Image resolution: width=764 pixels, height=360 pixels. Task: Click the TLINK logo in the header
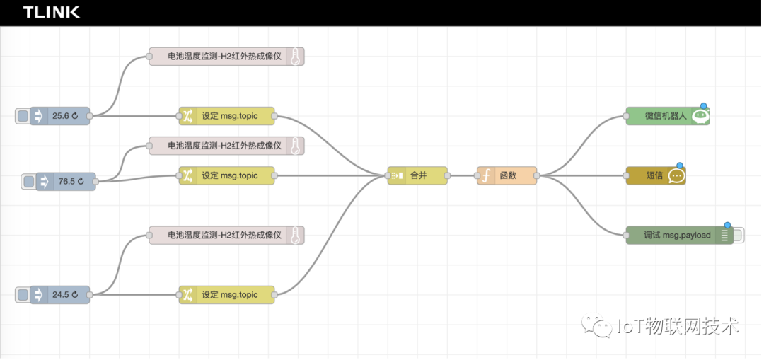[x=51, y=12]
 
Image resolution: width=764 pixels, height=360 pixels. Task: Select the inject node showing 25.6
[x=60, y=116]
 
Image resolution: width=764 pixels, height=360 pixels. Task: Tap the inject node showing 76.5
[x=66, y=182]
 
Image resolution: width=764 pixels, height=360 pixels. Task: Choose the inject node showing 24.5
[x=60, y=295]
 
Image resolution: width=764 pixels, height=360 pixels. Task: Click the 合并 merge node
[x=418, y=176]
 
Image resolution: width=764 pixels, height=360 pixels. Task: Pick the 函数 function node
[x=508, y=176]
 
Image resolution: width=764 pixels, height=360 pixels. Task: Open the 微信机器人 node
[x=665, y=116]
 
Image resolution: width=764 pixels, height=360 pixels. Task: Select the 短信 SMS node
[x=654, y=176]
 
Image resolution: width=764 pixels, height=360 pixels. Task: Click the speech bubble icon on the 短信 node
[x=676, y=176]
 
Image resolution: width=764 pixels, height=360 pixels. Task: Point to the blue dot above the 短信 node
[x=680, y=166]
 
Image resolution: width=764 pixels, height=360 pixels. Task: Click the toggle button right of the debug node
[x=739, y=236]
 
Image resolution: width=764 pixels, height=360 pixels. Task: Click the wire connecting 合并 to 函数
[x=463, y=176]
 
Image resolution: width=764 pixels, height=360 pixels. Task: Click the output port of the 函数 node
[x=538, y=176]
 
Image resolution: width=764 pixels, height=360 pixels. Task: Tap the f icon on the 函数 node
[x=486, y=176]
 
